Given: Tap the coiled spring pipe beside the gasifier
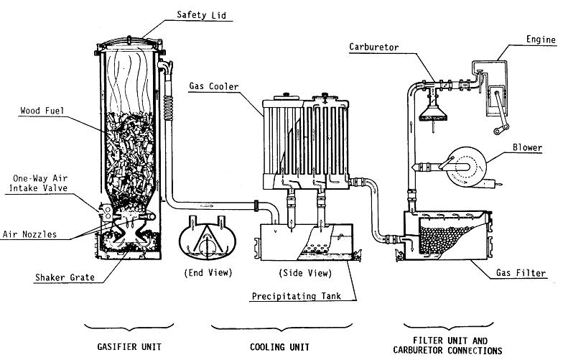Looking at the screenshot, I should tap(170, 112).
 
